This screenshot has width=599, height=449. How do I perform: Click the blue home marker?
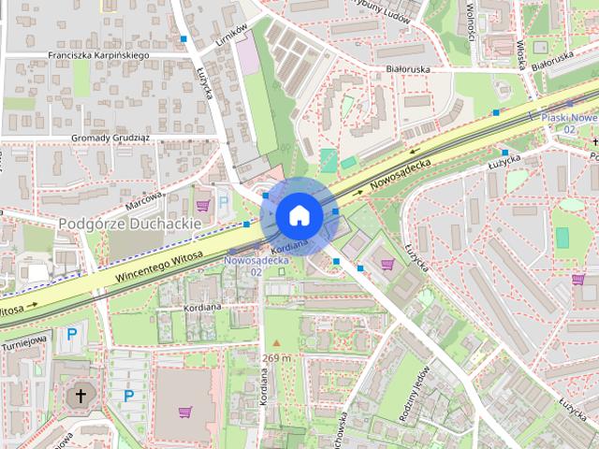coord(299,215)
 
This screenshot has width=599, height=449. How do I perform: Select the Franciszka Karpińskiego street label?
coord(99,55)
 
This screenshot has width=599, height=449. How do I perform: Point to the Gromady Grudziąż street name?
coord(111,138)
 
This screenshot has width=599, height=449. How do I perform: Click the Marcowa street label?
coord(144,200)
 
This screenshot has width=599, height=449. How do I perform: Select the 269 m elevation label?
coord(276,358)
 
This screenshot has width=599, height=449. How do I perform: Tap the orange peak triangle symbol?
coord(276,343)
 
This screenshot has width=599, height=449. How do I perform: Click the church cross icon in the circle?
coord(80,396)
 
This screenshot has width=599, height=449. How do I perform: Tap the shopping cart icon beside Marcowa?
coord(203,203)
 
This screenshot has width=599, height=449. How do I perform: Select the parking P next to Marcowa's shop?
coord(223,199)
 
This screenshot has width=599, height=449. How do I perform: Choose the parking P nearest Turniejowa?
coord(71,334)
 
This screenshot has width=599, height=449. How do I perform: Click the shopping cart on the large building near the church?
coord(183,413)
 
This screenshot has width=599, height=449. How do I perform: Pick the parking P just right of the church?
coord(128,396)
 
